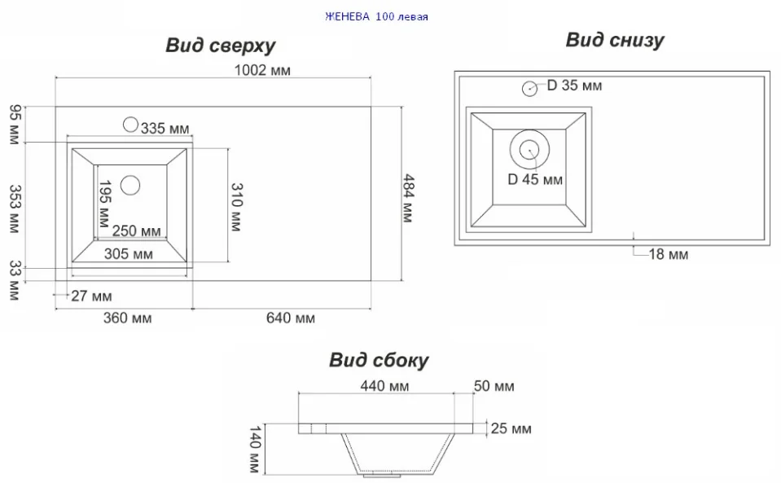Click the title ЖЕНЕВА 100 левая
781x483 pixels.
coord(376,16)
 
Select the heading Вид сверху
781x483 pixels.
coord(220,46)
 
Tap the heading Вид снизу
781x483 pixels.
coord(615,40)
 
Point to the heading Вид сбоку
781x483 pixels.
coord(379,360)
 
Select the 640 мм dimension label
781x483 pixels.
coord(290,318)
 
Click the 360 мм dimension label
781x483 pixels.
coord(128,318)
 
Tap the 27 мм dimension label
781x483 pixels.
coord(91,296)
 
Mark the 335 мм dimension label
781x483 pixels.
coord(165,128)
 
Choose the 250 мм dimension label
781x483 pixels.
coord(136,231)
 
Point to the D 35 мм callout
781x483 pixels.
coord(574,86)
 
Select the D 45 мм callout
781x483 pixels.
coord(535,179)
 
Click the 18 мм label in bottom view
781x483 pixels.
coord(668,255)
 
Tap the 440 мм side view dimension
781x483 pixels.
coord(384,386)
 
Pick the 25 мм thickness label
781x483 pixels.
coord(511,428)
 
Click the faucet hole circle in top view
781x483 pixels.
coord(130,125)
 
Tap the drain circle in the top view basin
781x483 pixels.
coord(130,185)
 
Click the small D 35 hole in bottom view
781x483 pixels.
coord(529,88)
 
